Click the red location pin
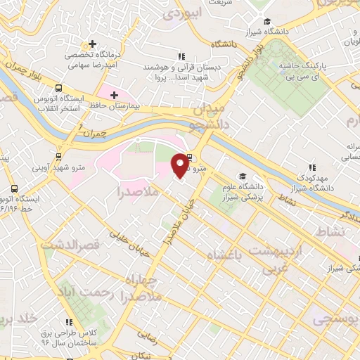coord(181,165)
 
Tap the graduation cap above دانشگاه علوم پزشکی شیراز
coord(243,176)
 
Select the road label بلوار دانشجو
coord(249,58)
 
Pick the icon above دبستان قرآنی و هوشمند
coord(181,56)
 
